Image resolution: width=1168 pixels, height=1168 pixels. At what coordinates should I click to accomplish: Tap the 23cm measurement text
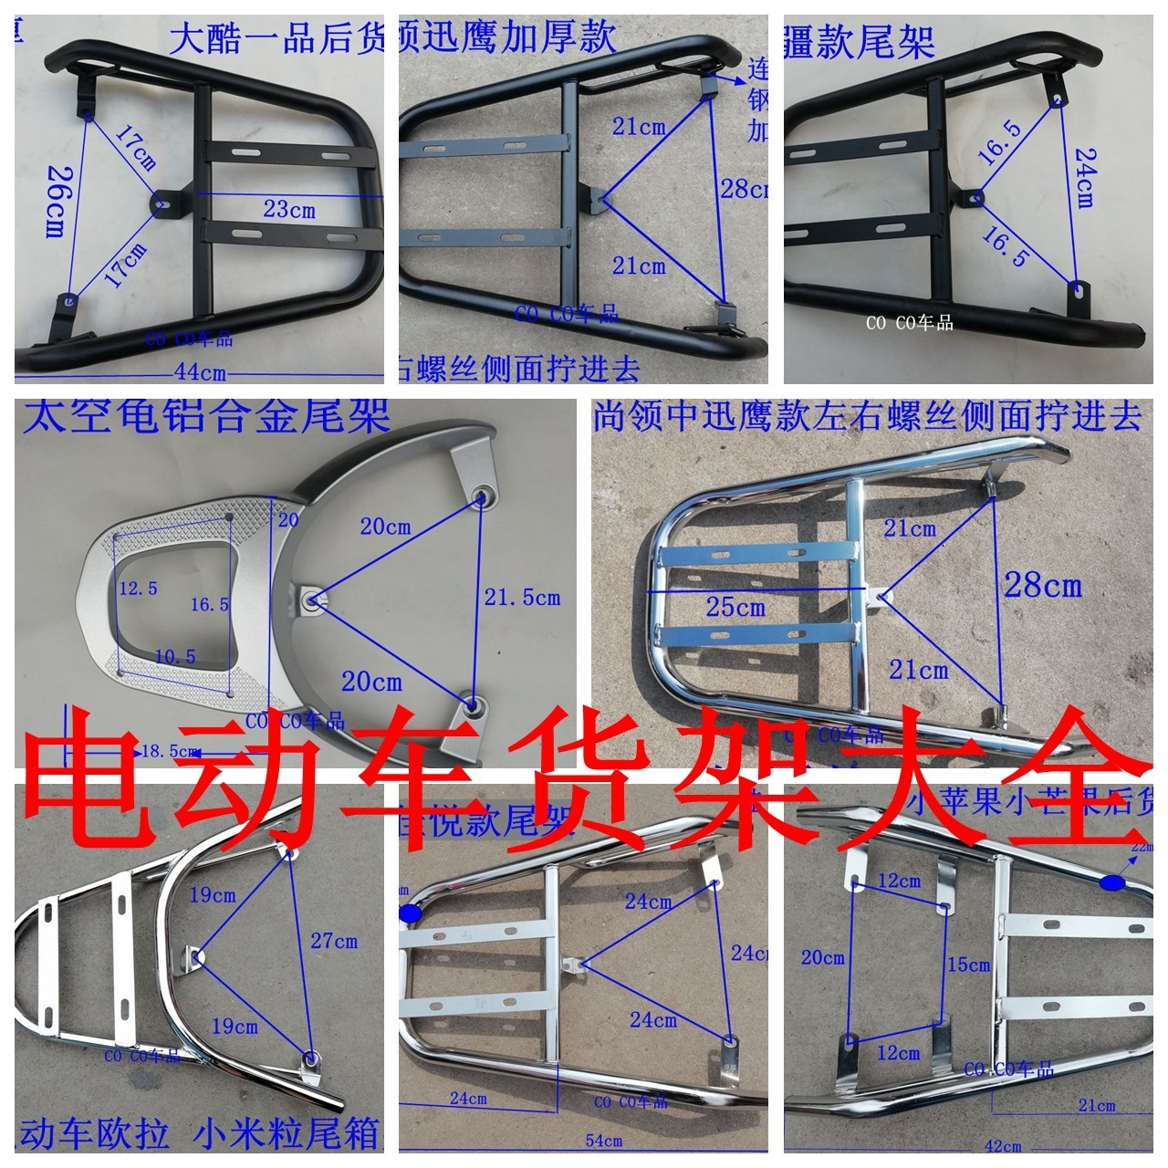(x=289, y=209)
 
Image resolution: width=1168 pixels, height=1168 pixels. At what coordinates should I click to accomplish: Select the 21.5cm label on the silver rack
(x=522, y=599)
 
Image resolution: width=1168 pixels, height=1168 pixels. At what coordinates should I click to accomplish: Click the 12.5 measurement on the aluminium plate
(x=138, y=589)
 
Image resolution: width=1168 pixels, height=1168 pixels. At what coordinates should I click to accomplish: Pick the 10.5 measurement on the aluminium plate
(x=175, y=656)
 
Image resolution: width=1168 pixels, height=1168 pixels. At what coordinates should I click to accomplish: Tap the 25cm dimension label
(x=735, y=607)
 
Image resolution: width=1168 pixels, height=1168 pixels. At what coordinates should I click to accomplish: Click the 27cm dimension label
(x=334, y=941)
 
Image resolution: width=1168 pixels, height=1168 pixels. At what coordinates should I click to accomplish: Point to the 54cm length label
(x=603, y=1141)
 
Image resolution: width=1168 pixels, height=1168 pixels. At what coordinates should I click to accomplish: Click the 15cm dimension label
(x=968, y=965)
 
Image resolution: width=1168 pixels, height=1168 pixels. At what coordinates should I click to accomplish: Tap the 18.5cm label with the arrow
(x=168, y=752)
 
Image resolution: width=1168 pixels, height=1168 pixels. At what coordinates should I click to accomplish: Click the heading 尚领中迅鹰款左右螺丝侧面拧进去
(x=867, y=416)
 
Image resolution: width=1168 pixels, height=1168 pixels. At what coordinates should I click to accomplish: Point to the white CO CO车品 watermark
(x=910, y=323)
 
